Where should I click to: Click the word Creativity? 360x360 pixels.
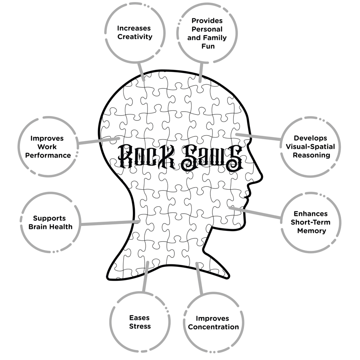(x=135, y=37)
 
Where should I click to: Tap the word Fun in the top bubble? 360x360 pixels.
(x=208, y=46)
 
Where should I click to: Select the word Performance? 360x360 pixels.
(x=48, y=156)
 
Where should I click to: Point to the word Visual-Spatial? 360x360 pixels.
(x=310, y=147)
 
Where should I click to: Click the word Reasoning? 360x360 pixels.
(x=311, y=156)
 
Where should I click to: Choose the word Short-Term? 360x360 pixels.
(x=310, y=222)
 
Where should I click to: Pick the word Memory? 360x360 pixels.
(x=312, y=231)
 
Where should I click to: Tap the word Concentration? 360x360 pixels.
(x=213, y=327)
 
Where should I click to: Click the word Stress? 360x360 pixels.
(x=140, y=326)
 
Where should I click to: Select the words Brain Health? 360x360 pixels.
(x=50, y=227)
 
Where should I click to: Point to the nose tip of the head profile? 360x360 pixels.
(x=262, y=177)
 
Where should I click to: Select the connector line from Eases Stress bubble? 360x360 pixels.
(x=145, y=277)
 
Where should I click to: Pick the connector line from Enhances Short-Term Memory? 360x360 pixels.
(x=255, y=213)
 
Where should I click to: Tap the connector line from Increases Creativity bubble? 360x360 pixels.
(x=141, y=72)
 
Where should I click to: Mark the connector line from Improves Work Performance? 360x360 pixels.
(x=99, y=141)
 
